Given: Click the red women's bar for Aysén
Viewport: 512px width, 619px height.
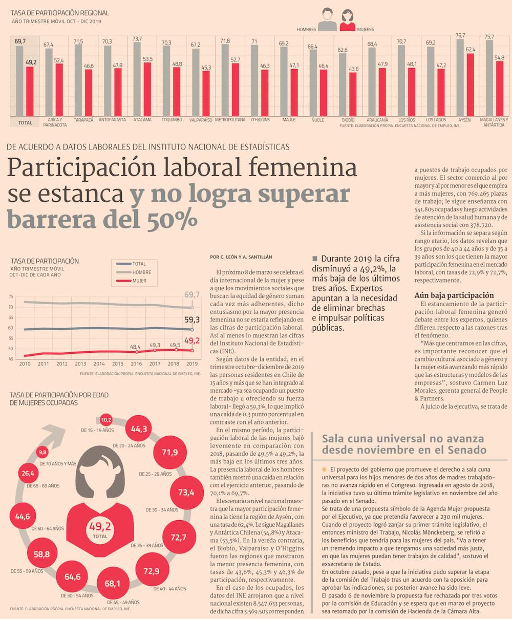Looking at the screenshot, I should pos(470,84).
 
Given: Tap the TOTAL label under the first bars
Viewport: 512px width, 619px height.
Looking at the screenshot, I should pos(25,123).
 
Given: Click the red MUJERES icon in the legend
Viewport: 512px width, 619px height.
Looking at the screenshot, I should pos(347,20).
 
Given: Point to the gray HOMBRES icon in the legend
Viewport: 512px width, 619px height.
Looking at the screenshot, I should pos(327,20).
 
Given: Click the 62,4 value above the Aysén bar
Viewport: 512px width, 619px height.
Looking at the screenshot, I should pos(470,50).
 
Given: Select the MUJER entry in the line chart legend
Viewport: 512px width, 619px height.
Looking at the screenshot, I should pos(139,281).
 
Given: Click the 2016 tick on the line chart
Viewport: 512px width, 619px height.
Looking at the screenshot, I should pos(136,364).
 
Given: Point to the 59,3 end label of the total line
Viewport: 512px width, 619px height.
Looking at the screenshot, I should pos(192,320).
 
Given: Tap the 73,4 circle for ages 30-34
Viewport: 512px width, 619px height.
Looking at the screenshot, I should pos(186,493).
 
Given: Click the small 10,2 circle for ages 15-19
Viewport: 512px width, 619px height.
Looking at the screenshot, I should pos(106,420).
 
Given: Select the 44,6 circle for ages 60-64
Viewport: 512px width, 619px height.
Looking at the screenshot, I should pos(23,517).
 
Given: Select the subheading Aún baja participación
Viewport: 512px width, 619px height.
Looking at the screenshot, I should pos(454,295).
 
